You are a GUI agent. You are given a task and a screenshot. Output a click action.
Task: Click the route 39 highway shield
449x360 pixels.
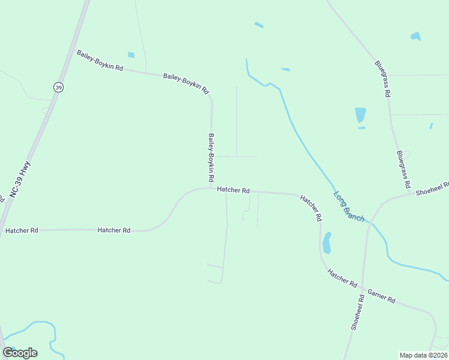pos(58,88)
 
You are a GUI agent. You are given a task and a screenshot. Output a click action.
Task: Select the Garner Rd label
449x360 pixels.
pos(381,296)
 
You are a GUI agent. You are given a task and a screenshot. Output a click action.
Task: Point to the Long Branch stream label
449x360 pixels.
pos(349,207)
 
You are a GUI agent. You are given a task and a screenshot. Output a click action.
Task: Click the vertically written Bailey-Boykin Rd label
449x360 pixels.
pos(211,158)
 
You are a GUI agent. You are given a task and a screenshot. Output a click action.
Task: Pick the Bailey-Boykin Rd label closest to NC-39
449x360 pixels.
pos(100,61)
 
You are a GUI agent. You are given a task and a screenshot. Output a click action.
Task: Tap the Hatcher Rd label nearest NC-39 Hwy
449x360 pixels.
pos(22,230)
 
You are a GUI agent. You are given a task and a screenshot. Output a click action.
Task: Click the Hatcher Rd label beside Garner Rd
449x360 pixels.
pos(342,277)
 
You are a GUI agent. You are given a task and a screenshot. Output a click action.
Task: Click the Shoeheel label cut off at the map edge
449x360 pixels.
pos(432,188)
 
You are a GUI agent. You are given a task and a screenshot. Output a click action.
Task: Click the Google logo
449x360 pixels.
pos(20,353)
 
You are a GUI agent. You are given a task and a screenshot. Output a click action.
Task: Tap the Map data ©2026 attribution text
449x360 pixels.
pos(424,355)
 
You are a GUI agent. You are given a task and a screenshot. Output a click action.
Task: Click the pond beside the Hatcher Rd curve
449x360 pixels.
pos(327,243)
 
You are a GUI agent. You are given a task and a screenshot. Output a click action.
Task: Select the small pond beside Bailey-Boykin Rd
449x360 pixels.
pos(131,55)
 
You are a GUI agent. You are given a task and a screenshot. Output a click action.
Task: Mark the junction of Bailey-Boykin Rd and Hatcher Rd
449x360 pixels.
pos(211,188)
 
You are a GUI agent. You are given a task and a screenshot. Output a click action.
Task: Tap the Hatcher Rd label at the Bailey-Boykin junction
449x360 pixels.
pos(233,190)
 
